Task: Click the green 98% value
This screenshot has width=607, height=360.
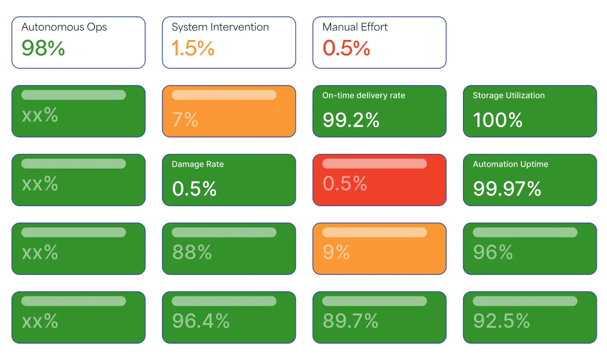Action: [x=43, y=48]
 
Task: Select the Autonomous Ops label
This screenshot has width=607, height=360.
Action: [x=64, y=27]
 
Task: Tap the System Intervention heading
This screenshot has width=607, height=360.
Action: [x=220, y=27]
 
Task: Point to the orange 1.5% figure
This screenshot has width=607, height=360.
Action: [x=193, y=48]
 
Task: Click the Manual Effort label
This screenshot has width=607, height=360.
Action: [x=355, y=27]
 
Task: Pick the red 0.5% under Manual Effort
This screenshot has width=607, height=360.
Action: [x=346, y=48]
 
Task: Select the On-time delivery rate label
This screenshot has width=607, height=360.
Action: [x=363, y=95]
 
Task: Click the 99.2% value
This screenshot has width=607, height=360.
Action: [x=351, y=120]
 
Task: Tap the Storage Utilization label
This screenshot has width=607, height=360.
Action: [x=509, y=95]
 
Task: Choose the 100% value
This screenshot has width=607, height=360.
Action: [x=497, y=120]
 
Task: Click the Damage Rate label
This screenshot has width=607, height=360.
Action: [x=197, y=164]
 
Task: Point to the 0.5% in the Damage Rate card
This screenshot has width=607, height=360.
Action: [x=194, y=189]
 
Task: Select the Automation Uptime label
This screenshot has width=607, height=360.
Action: [x=510, y=164]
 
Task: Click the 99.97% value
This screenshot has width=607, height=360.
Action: [x=507, y=189]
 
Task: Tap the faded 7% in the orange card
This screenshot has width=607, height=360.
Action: [x=185, y=120]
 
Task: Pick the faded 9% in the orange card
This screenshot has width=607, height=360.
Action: [x=336, y=252]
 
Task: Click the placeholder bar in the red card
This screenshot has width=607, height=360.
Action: [x=374, y=164]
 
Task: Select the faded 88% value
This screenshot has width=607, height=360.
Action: [x=192, y=252]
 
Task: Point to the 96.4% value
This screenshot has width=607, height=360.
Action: [x=200, y=321]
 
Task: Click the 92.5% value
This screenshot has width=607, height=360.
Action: [x=501, y=321]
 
